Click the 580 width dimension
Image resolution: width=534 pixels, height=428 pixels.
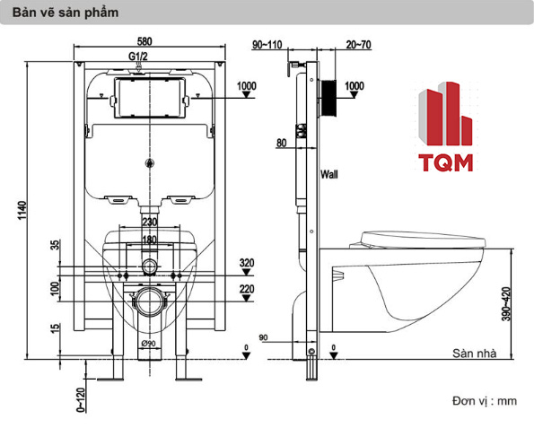144,41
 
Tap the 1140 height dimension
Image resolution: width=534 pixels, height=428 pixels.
22,211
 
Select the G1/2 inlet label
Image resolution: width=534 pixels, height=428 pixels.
138,57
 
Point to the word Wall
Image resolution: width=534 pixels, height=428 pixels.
329,174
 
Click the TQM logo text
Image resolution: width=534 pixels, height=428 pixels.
446,162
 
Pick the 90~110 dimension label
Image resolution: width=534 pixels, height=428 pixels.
267,45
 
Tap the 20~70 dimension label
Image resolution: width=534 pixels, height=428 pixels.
358,45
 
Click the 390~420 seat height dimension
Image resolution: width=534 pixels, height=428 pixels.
506,304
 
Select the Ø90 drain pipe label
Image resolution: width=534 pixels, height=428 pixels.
148,344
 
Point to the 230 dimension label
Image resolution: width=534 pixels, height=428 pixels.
150,222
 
